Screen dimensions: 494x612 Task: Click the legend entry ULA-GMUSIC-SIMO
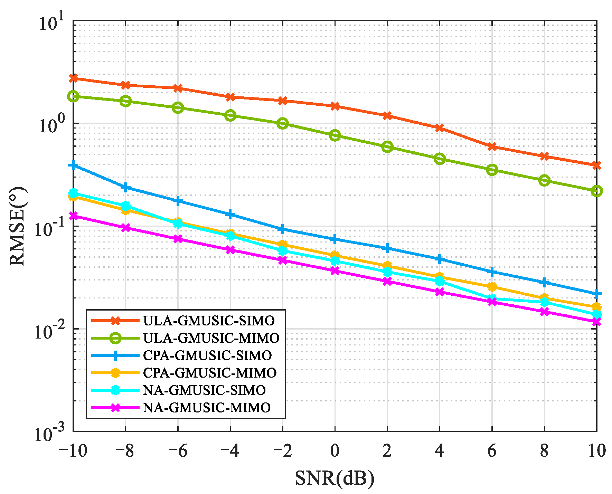[x=209, y=321]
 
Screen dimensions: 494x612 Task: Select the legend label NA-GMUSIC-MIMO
[x=207, y=408]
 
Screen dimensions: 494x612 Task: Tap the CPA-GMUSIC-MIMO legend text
[x=210, y=373]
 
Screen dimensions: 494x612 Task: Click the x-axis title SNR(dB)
[x=335, y=478]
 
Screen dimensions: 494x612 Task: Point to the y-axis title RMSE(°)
[x=17, y=226]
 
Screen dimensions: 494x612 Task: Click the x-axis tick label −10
[x=73, y=451]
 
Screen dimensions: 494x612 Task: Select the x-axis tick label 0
[x=335, y=451]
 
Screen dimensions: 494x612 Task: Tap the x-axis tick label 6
[x=492, y=451]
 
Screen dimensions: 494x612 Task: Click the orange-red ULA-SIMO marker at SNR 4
[x=440, y=128]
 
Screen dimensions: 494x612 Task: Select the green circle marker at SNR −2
[x=282, y=123]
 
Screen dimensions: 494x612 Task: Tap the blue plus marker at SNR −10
[x=73, y=165]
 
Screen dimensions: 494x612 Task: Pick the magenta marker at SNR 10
[x=596, y=322]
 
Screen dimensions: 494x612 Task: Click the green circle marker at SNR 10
[x=596, y=191]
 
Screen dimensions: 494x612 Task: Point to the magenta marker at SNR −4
[x=230, y=250]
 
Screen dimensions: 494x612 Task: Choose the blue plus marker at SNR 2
[x=387, y=248]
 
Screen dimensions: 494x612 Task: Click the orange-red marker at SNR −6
[x=178, y=88]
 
